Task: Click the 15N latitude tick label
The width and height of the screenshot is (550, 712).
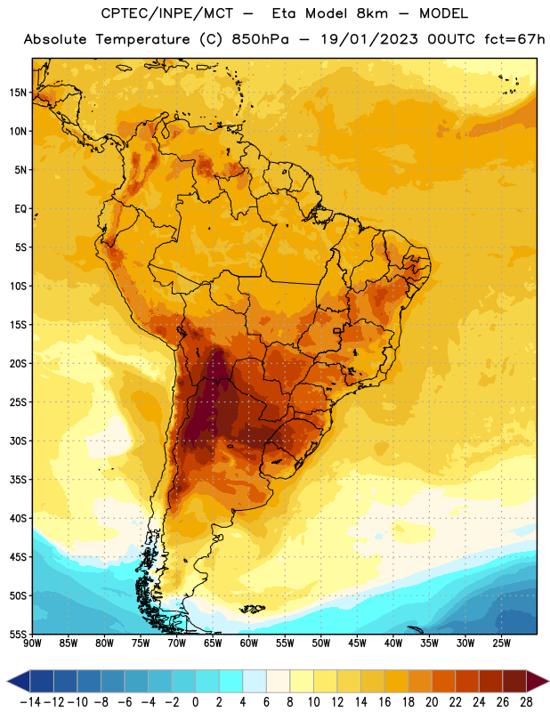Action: pos(18,93)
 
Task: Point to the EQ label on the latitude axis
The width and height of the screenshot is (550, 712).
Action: pos(20,209)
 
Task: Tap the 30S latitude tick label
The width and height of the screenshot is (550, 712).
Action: pos(18,441)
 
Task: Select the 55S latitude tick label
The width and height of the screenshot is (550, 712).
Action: pos(18,634)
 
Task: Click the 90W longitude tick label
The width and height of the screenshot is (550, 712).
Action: pos(32,643)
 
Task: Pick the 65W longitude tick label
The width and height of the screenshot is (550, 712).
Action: pos(213,643)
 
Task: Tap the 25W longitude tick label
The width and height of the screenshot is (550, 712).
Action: pos(501,643)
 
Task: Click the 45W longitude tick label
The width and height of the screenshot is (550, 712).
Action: pos(357,643)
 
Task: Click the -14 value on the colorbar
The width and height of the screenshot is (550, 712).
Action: pos(30,702)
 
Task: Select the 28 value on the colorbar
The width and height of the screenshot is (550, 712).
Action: pos(526,702)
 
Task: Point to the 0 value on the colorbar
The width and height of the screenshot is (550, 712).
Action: pos(195,702)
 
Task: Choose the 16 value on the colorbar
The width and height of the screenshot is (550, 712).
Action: pos(384,702)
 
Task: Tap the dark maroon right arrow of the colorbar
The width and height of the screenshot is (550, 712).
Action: pos(537,682)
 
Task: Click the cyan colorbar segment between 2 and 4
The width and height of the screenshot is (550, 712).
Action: pos(231,682)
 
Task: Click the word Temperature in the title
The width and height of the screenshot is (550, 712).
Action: pos(142,39)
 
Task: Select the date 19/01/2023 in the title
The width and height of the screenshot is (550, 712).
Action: pos(369,39)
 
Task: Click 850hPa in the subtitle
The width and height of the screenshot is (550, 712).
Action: pos(260,39)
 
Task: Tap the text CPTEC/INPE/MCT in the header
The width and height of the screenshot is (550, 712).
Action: pos(166,13)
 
